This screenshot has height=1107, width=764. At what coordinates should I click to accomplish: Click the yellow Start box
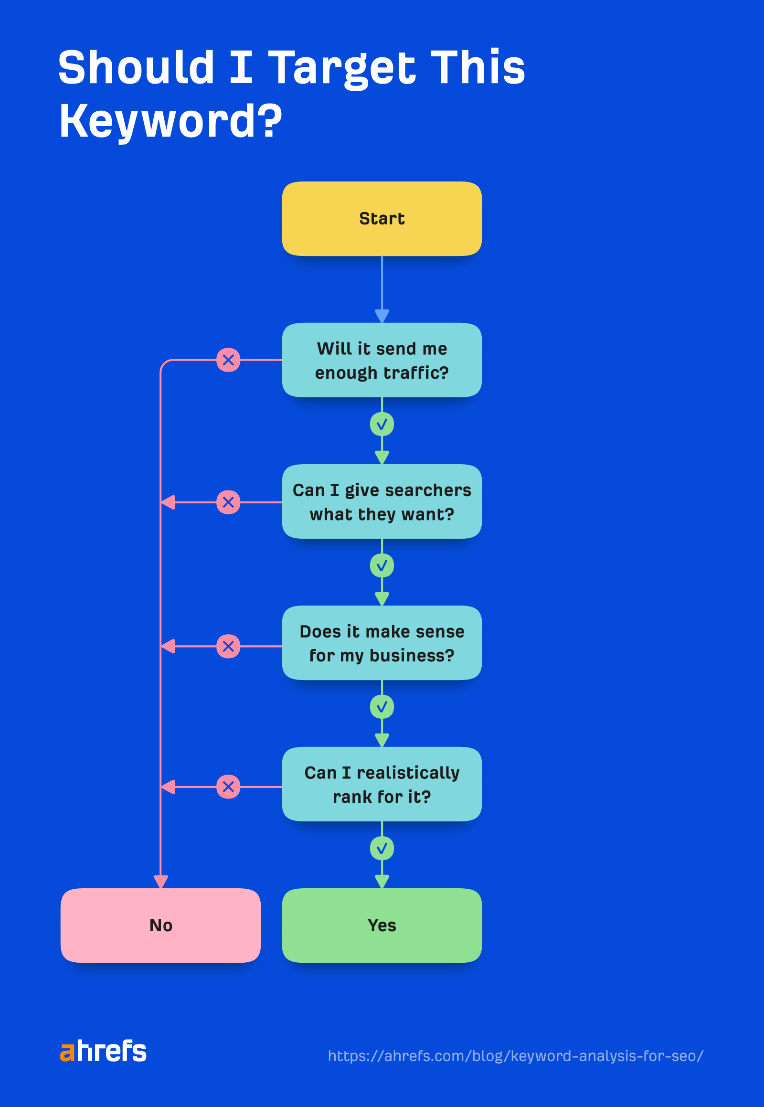[x=382, y=218]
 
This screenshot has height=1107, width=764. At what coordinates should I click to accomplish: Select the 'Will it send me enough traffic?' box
[x=382, y=360]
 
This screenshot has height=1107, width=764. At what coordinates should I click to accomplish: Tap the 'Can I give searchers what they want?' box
[x=382, y=501]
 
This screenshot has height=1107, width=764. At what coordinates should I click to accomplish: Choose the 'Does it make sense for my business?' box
[x=382, y=642]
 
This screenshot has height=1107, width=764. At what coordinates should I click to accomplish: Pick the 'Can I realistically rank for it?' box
[x=382, y=784]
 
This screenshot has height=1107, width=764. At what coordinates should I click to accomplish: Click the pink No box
[x=160, y=925]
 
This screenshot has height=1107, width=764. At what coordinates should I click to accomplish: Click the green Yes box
[x=382, y=925]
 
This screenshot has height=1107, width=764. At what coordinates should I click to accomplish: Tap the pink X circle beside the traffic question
[x=228, y=360]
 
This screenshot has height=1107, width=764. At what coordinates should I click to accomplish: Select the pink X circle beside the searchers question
[x=228, y=502]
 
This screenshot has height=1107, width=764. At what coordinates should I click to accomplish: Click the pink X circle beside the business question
[x=228, y=646]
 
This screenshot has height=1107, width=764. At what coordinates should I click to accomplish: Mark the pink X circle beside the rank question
[x=228, y=787]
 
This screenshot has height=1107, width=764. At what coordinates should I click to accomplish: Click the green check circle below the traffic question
[x=382, y=424]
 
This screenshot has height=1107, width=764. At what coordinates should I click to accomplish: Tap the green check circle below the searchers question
[x=382, y=565]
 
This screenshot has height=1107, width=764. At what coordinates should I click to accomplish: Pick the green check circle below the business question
[x=382, y=707]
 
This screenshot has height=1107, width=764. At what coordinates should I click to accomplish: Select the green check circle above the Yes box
[x=382, y=849]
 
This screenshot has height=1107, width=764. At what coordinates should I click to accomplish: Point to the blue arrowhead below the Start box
[x=382, y=316]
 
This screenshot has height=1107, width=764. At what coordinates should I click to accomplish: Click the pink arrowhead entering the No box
[x=160, y=882]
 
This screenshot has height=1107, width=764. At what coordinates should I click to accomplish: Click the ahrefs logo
[x=104, y=1052]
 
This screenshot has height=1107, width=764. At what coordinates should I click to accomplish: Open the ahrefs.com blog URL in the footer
[x=516, y=1056]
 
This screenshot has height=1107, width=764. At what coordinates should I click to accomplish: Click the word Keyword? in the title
[x=170, y=121]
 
